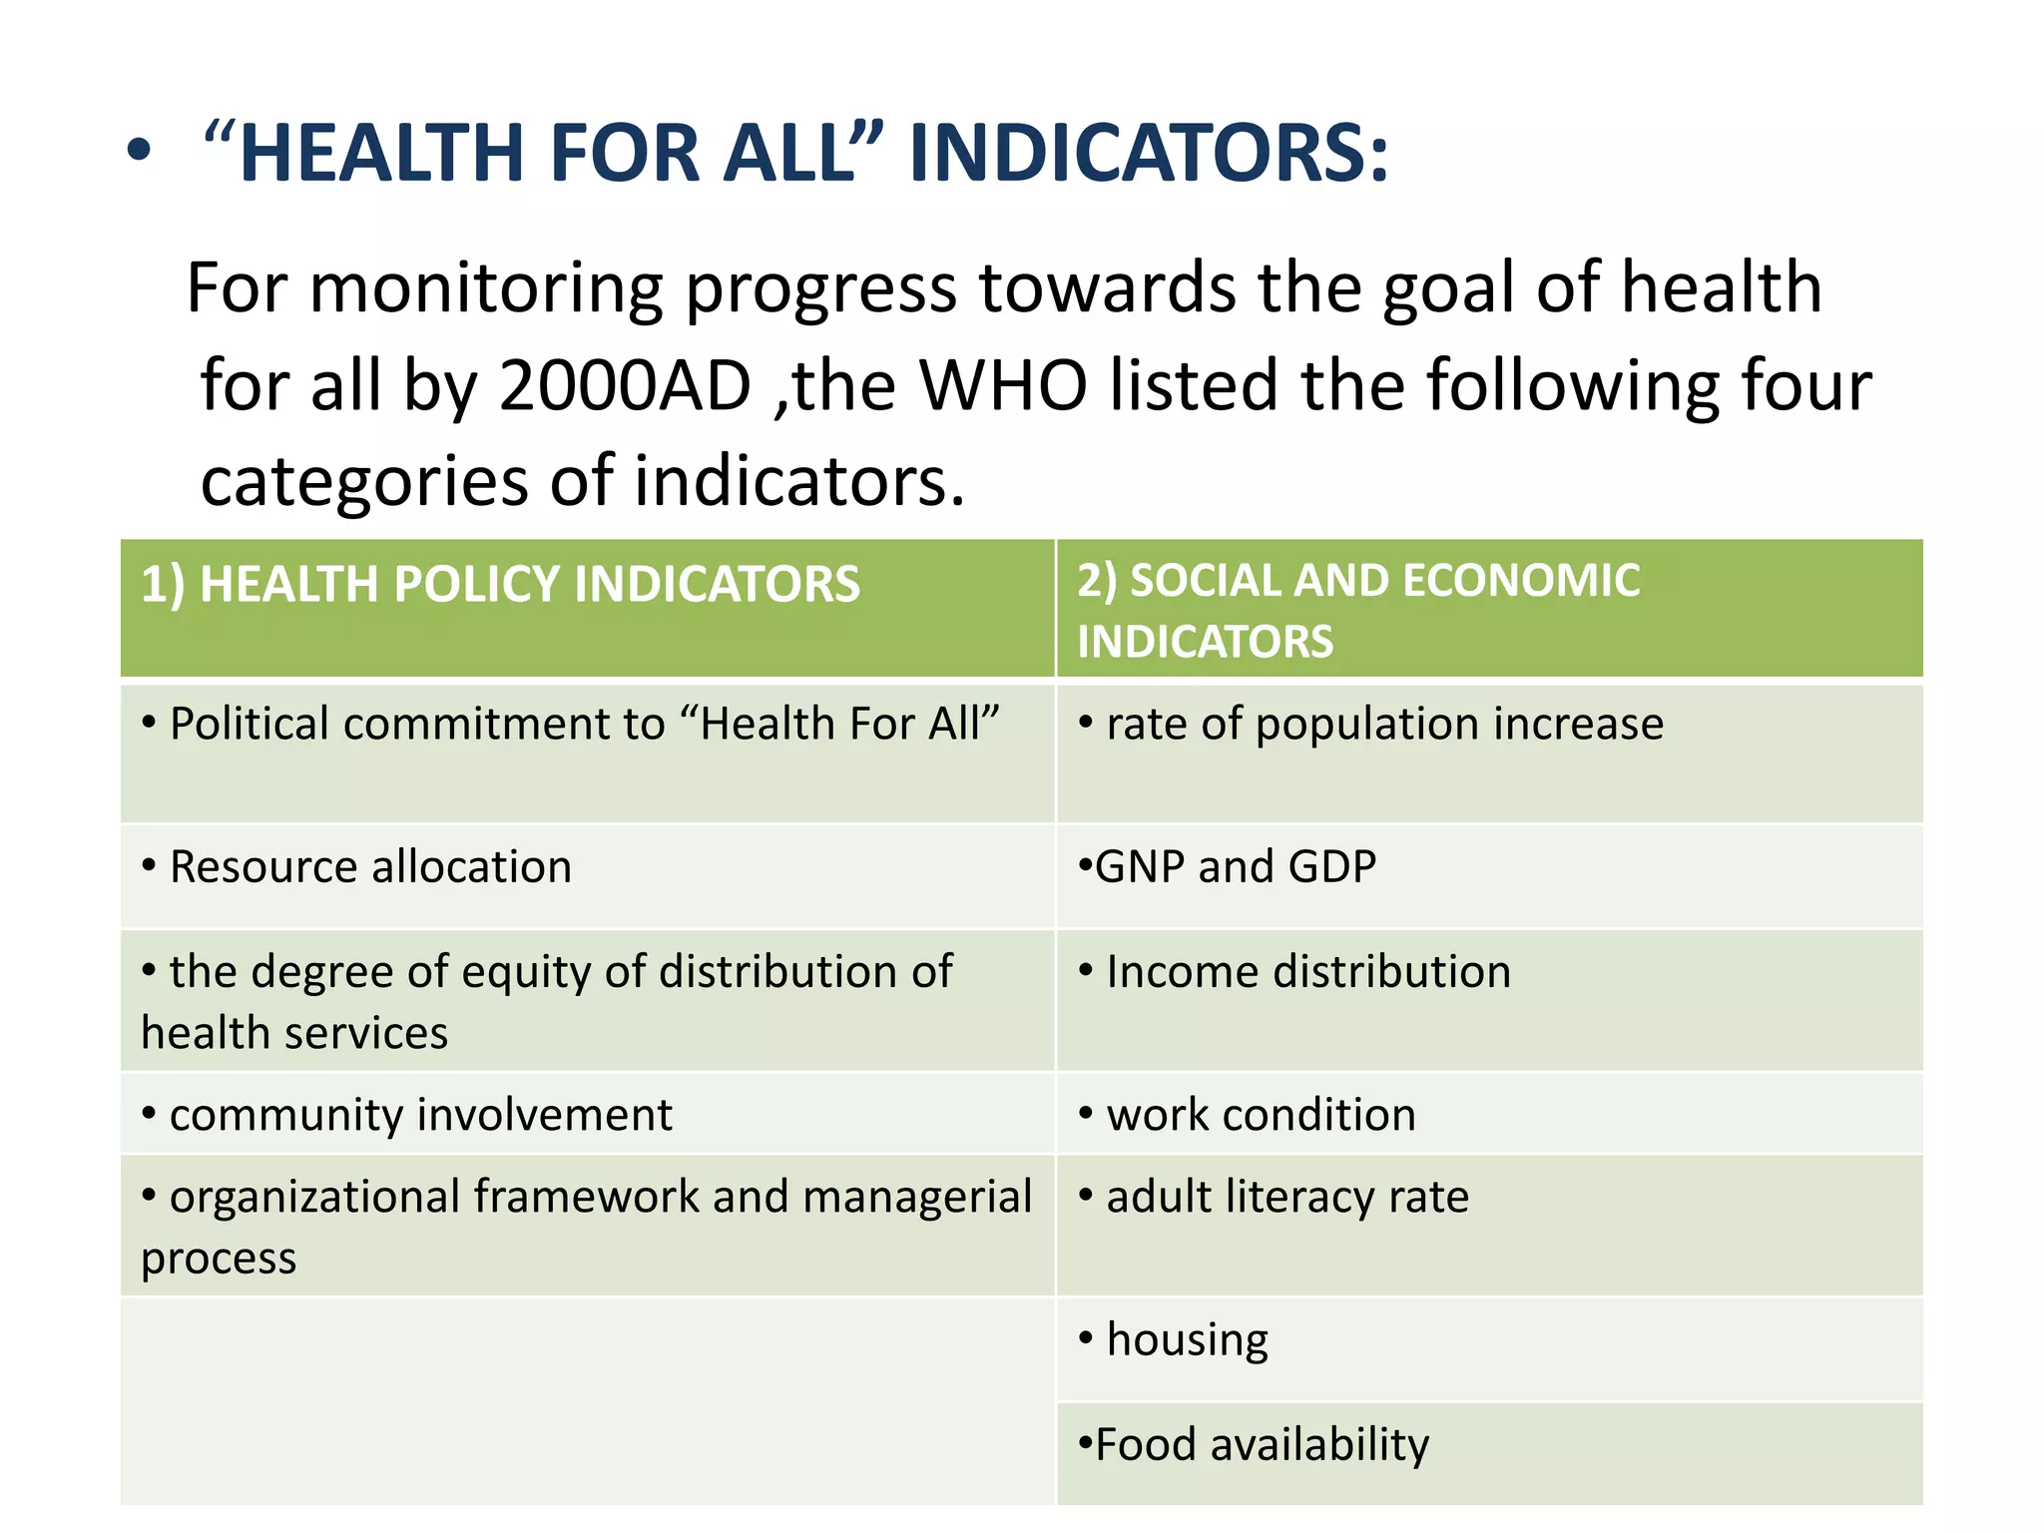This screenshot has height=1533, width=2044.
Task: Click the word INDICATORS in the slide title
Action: pyautogui.click(x=1148, y=153)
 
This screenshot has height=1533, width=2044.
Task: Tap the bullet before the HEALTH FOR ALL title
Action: pyautogui.click(x=140, y=153)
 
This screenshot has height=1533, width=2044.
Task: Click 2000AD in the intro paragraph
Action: pyautogui.click(x=625, y=385)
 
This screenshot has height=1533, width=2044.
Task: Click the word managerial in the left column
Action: pyautogui.click(x=916, y=1197)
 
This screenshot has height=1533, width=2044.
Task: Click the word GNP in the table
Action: pyautogui.click(x=1139, y=867)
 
